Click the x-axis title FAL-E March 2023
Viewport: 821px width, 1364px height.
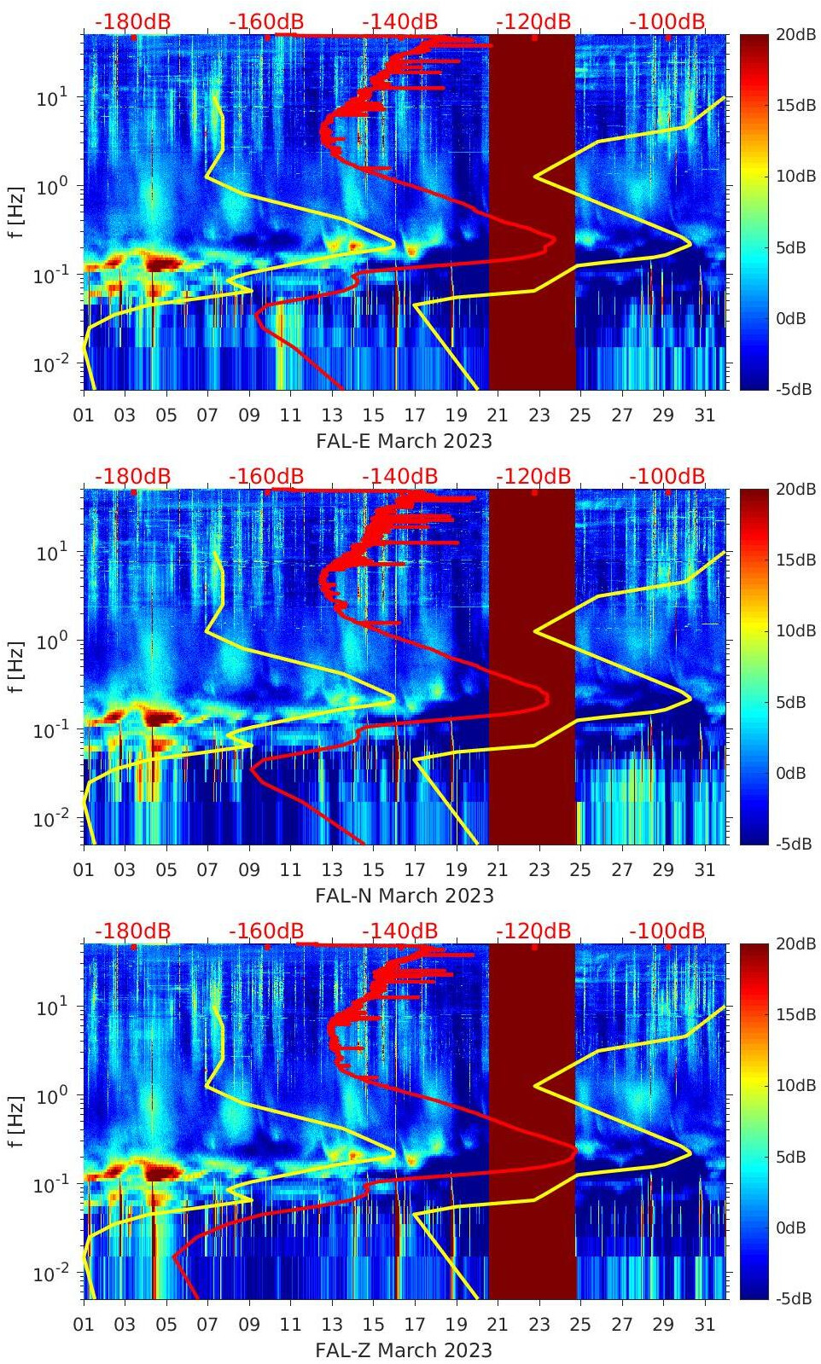coord(404,441)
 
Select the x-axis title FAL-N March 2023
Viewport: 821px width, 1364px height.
coord(404,896)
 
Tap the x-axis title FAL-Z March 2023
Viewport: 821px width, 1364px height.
coord(404,1350)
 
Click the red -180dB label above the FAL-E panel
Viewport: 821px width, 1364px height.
coord(132,21)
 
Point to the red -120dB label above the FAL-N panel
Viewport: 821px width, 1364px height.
coord(533,476)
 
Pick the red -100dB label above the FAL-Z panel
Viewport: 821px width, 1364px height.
coord(667,931)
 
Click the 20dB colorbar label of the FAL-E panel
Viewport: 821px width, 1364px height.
coord(795,34)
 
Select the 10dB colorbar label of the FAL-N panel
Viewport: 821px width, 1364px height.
coord(795,631)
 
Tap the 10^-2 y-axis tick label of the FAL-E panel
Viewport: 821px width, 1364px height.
coord(51,364)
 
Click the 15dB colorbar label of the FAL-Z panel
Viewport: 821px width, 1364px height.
coord(795,1015)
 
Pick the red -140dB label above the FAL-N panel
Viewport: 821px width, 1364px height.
coord(399,476)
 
